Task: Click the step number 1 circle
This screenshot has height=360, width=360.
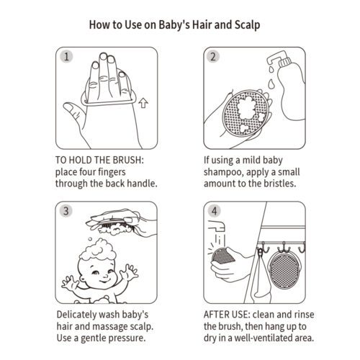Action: [66, 57]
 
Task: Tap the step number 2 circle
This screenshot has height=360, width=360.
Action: [213, 57]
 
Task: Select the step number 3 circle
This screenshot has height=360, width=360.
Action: [66, 211]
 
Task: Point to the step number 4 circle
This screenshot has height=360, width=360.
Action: [214, 211]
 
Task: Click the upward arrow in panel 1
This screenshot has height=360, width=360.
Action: [143, 103]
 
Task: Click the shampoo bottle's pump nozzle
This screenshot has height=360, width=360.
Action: [275, 58]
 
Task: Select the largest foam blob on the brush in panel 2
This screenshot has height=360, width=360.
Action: [246, 108]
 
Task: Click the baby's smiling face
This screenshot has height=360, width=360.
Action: [99, 274]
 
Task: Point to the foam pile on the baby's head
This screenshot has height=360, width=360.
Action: [98, 250]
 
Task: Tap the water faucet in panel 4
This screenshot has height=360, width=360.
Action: [217, 226]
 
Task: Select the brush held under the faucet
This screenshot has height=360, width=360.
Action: [222, 256]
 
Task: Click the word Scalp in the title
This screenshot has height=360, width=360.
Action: [247, 25]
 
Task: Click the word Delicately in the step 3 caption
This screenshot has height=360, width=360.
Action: [76, 315]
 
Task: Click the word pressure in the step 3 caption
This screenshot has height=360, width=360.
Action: [128, 338]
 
